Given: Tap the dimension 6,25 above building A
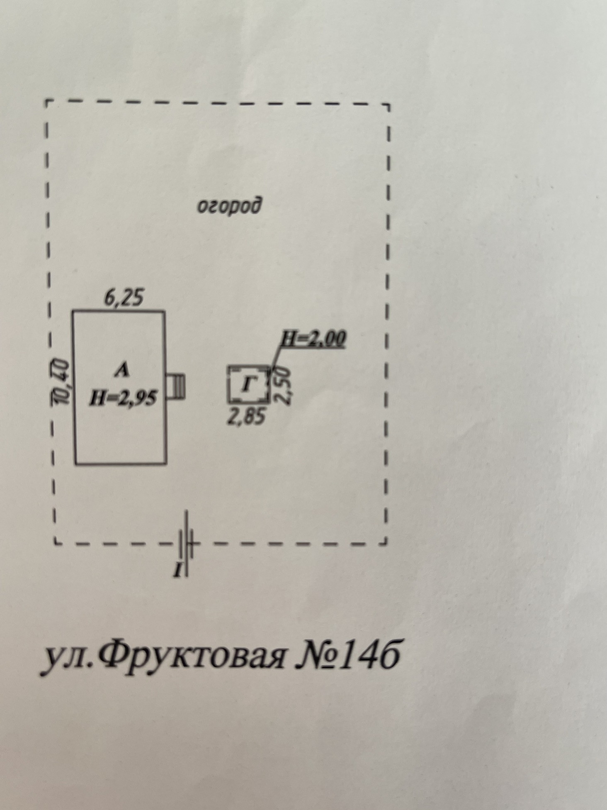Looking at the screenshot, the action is (124, 298).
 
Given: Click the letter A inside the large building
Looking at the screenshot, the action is (122, 370).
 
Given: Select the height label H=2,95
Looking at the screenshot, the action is (123, 398).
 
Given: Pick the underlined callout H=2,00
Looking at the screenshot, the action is (313, 339).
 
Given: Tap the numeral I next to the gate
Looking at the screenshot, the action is (178, 571).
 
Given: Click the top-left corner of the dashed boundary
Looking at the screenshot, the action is (46, 101).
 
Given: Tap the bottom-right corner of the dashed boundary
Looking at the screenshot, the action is (386, 542).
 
